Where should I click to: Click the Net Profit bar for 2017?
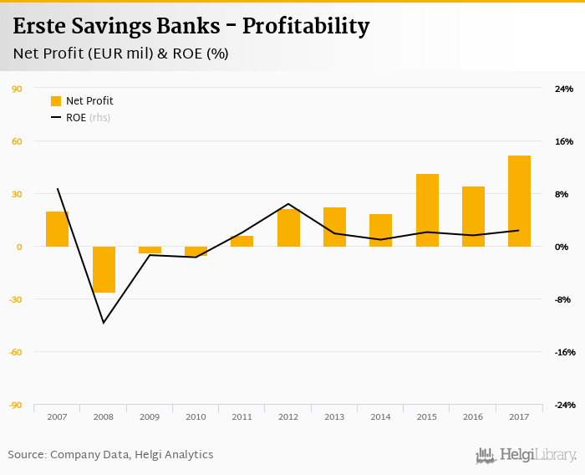pos(519,201)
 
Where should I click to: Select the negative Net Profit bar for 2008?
pos(104,269)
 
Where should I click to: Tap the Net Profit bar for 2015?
pos(427,210)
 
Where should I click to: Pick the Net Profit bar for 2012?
pos(288,227)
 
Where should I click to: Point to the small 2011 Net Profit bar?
pos(242,241)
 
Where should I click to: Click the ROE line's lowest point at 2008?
pos(104,323)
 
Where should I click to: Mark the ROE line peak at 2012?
pos(288,203)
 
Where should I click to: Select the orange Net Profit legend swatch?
pos(56,101)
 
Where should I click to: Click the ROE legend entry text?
pos(76,118)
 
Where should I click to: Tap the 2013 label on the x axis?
pos(334,416)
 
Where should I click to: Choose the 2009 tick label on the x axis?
pos(150,416)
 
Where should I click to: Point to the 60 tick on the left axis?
pos(17,141)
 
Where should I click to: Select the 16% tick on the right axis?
pos(564,141)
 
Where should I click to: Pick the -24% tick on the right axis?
pos(564,405)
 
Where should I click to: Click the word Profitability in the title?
pos(305,27)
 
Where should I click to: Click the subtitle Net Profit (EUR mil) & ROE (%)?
pos(120,54)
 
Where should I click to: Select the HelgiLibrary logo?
pos(526,455)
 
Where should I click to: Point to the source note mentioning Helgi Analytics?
pos(110,455)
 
